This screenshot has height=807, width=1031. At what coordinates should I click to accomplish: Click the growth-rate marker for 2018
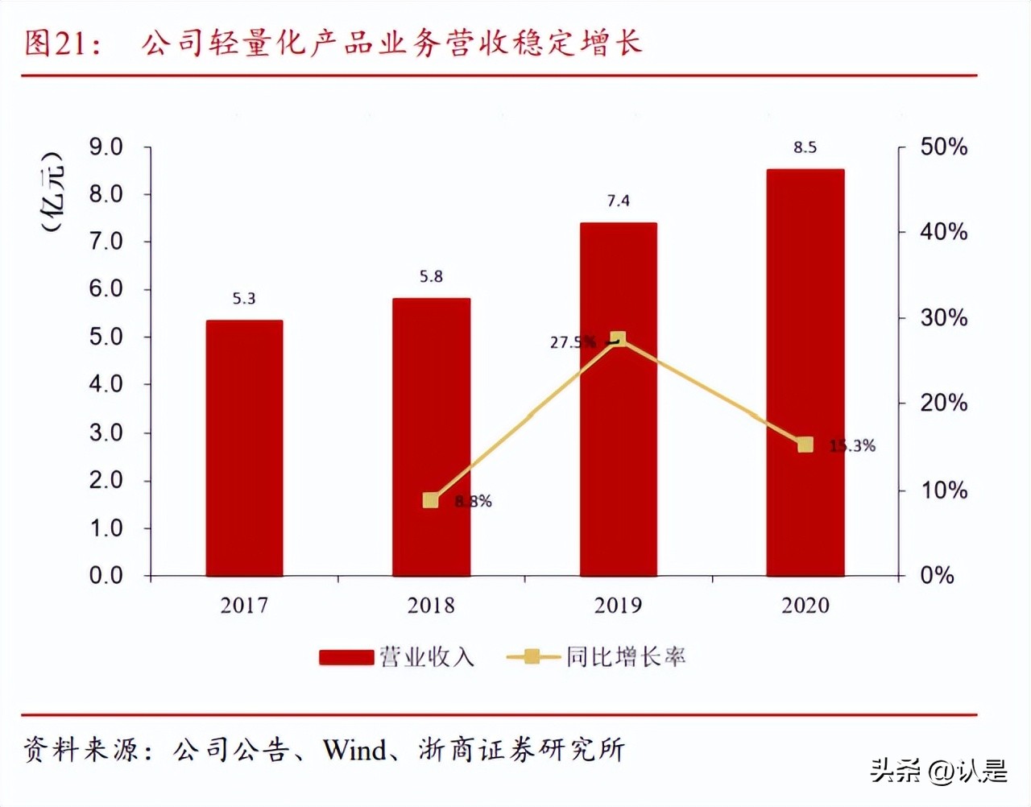431,500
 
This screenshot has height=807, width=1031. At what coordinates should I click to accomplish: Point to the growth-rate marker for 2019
618,339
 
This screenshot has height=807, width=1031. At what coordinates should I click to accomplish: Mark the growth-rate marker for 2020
805,445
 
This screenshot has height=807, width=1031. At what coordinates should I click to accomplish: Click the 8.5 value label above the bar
805,147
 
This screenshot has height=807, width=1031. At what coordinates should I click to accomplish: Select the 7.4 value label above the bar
618,201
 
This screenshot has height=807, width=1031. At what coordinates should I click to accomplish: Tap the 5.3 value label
244,299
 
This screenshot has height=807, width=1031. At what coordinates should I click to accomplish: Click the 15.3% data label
854,445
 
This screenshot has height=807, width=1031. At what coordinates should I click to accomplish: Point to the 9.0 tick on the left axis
106,147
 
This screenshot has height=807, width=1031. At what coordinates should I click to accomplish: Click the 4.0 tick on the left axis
106,384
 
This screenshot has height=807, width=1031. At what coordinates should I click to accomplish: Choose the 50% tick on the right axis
943,147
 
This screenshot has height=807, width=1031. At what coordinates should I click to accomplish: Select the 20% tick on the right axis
943,403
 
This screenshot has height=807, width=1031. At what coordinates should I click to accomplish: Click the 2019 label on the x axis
618,606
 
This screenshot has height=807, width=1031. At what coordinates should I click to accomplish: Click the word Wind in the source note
355,750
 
